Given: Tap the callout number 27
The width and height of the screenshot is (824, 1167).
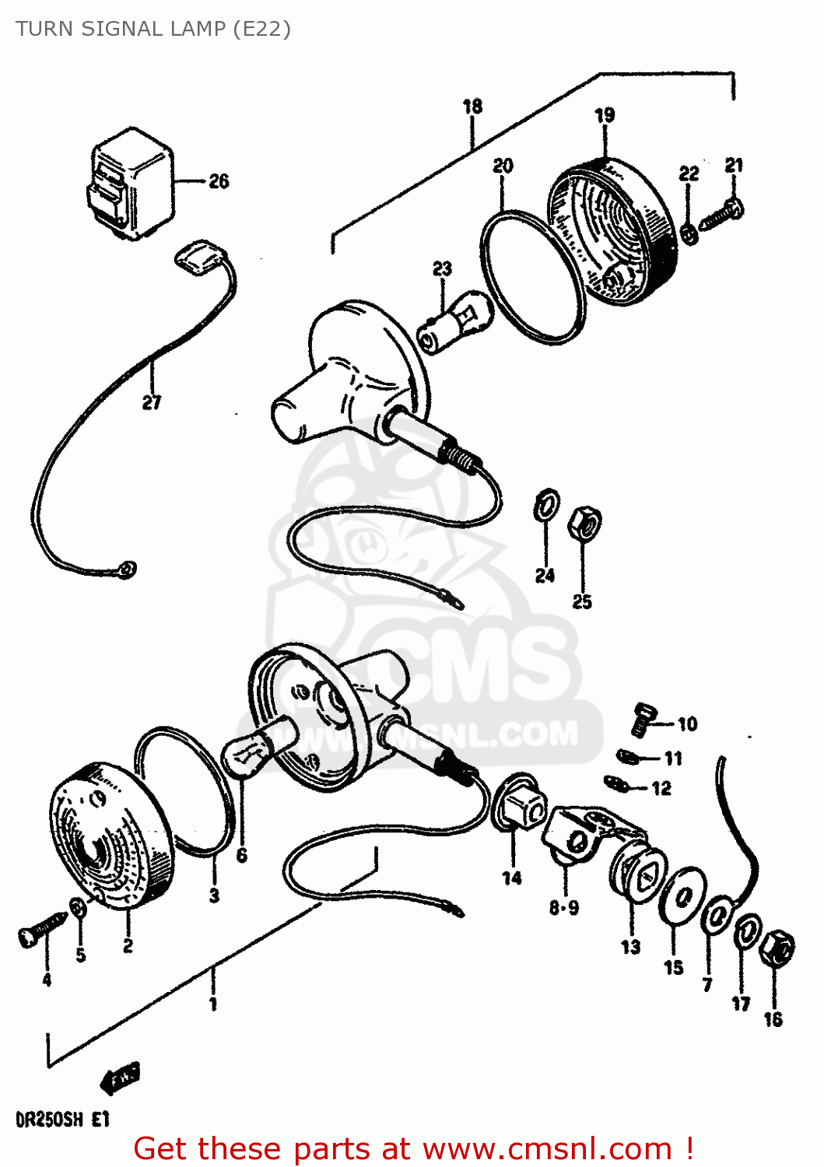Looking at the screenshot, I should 152,402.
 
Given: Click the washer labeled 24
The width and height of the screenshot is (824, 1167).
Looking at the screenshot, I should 546,506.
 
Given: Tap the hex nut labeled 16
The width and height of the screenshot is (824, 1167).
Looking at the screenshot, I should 777,949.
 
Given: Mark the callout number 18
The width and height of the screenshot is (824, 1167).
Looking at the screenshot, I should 472,107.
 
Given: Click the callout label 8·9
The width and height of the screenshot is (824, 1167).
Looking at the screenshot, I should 563,907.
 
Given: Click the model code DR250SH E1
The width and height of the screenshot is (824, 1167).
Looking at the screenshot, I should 62,1120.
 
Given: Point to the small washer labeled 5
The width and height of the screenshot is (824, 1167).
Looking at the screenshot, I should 78,907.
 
